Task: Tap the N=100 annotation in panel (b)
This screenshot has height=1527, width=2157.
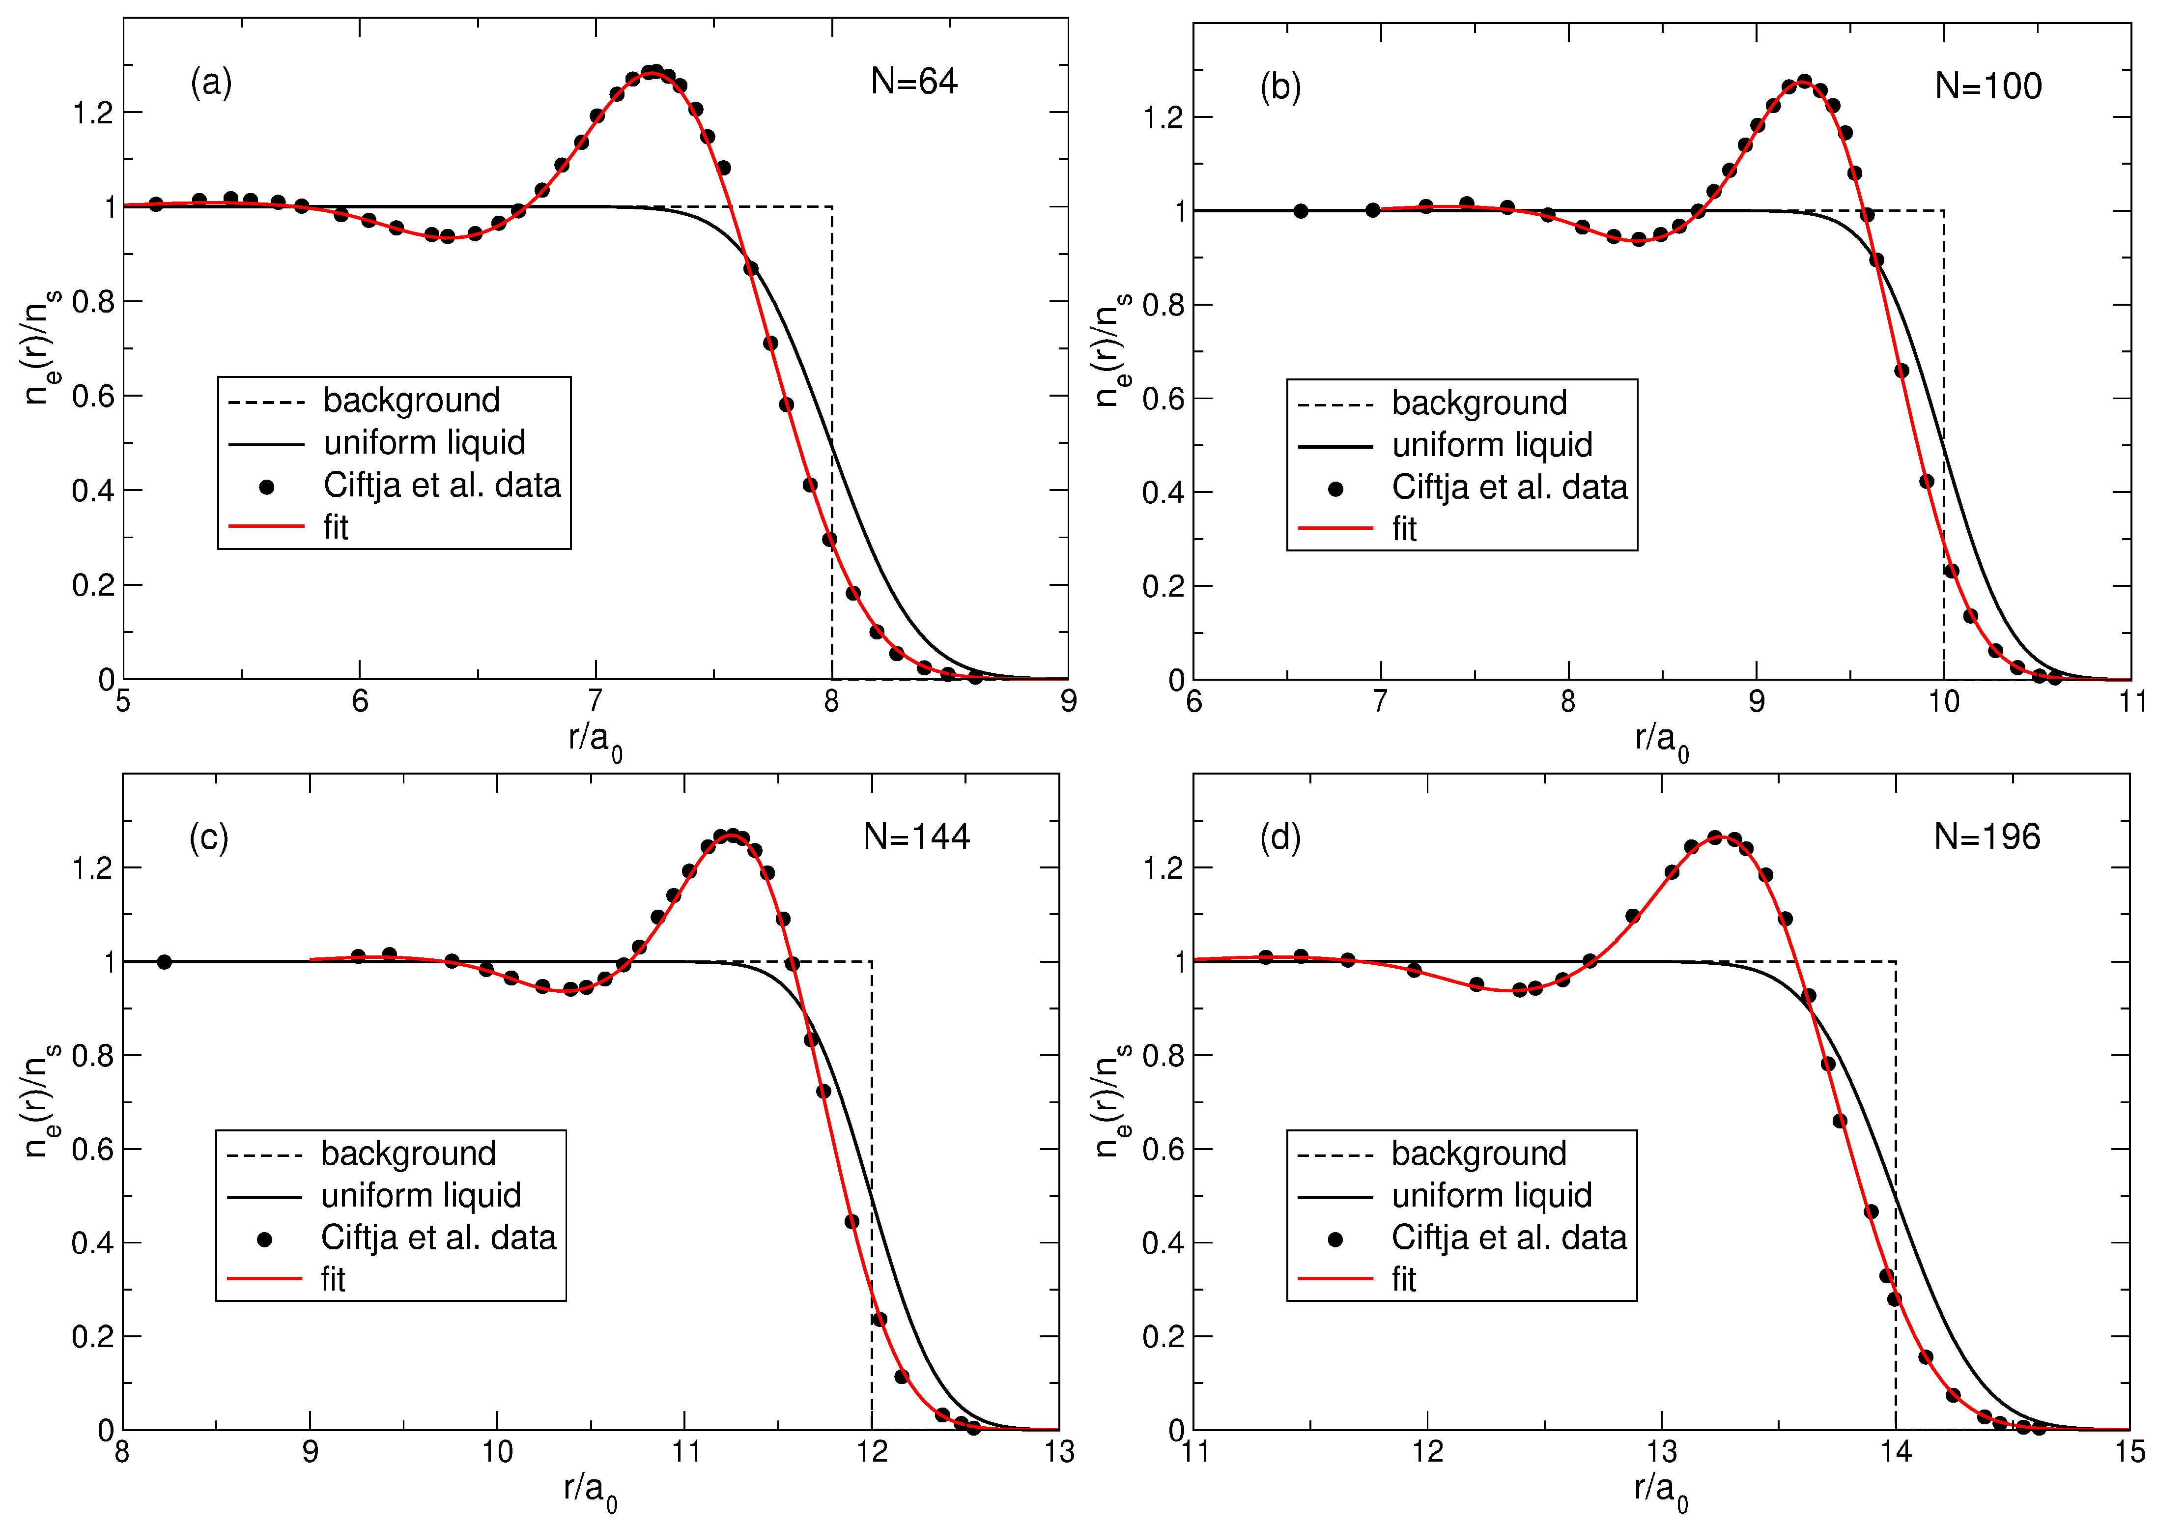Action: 1988,86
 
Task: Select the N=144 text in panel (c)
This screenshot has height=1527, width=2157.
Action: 916,837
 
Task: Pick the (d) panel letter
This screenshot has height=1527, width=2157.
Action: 1280,837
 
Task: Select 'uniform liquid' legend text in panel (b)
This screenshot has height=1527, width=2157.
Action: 1492,445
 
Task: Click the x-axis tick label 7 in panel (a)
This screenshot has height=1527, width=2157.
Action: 595,701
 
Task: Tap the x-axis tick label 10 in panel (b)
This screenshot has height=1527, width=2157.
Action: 1944,701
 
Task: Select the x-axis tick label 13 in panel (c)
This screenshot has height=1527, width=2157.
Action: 1059,1453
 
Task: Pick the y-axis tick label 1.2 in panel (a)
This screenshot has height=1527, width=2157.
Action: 92,114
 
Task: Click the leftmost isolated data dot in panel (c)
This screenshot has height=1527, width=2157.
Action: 165,962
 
